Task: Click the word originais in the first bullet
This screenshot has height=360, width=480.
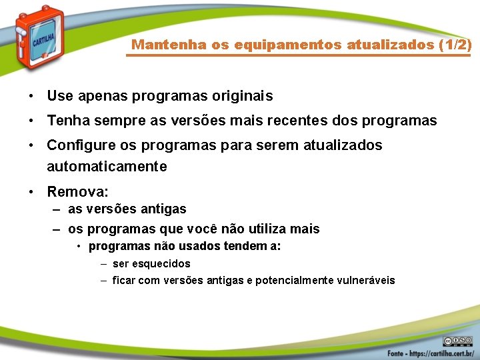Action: (241, 96)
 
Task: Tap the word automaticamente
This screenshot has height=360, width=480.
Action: (107, 167)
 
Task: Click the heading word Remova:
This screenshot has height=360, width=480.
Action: (77, 192)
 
